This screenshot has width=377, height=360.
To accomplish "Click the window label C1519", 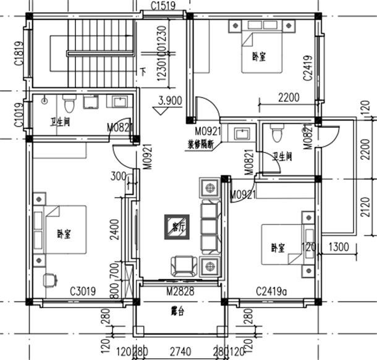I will [x=164, y=7].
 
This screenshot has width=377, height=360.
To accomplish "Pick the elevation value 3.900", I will [x=169, y=101].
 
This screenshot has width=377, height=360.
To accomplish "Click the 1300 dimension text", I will [x=339, y=247].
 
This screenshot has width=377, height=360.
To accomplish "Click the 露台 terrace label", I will [x=179, y=311].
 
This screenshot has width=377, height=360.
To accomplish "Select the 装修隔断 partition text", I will [x=201, y=146].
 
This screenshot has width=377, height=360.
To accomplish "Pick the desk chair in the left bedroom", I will [x=49, y=280].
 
